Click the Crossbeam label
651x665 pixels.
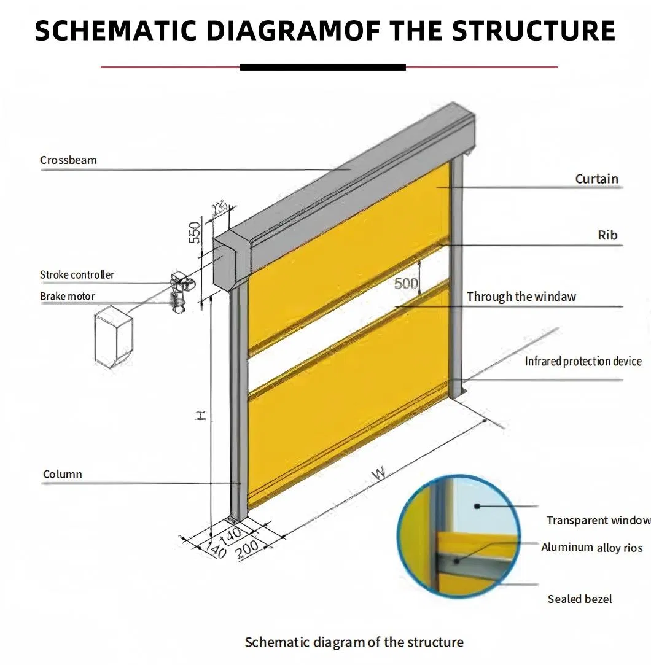point(68,160)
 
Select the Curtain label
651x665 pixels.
point(596,179)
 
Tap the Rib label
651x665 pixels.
point(607,235)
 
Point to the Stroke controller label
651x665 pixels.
point(77,274)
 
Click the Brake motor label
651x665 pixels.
point(68,297)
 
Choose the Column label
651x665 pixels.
point(62,474)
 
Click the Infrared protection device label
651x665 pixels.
point(583,361)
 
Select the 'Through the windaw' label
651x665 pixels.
point(521,297)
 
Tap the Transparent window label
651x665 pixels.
point(598,520)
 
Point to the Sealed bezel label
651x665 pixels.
point(580,599)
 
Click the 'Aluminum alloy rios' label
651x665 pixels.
point(591,547)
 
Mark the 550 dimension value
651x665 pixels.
point(195,232)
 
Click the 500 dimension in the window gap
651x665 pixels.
point(406,283)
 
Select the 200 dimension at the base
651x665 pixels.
point(248,548)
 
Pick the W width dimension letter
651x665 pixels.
point(379,473)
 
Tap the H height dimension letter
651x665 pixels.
point(200,416)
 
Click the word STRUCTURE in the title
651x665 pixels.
point(534,31)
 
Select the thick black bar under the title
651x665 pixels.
point(322,67)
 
